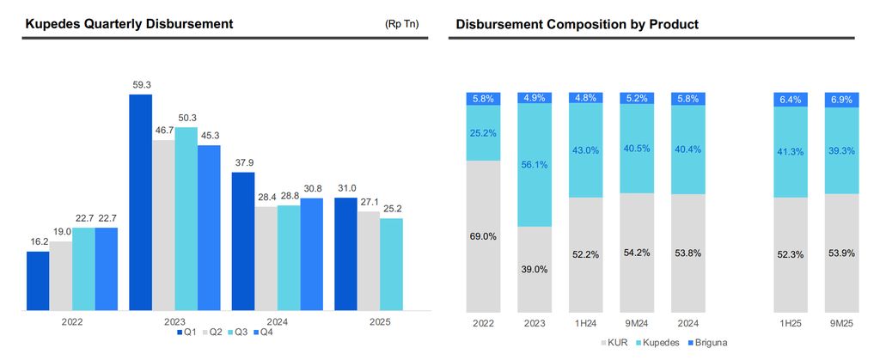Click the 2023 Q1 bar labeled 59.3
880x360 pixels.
click(140, 202)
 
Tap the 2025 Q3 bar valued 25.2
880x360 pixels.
click(391, 264)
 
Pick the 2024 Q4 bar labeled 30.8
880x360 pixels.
click(312, 253)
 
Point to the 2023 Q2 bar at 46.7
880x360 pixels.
click(163, 224)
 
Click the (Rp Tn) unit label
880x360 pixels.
click(402, 24)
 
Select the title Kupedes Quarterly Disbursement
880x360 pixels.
click(129, 24)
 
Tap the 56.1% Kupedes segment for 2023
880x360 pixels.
click(534, 165)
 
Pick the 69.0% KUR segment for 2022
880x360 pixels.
click(482, 236)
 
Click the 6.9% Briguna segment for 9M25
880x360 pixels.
click(841, 100)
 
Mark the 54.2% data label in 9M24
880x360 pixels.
click(637, 253)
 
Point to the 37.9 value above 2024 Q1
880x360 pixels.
click(243, 162)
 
